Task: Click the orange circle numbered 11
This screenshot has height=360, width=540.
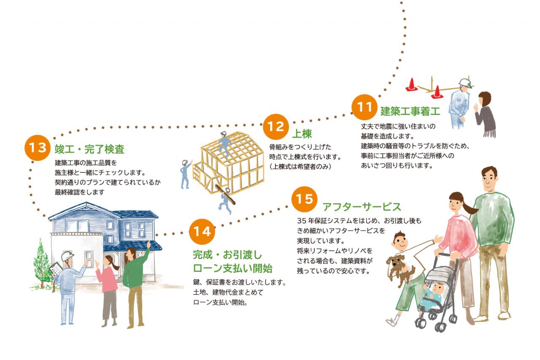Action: point(364,107)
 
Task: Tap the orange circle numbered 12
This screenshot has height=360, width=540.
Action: point(276,127)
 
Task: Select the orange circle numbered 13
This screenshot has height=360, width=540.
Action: point(38,148)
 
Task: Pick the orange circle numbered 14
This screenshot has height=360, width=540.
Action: point(202,231)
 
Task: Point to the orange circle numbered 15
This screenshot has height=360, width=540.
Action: point(304,199)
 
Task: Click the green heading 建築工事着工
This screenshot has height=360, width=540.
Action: point(410,111)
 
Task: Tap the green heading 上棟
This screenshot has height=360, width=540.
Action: point(302,134)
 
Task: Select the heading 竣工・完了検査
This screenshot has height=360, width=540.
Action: point(89,149)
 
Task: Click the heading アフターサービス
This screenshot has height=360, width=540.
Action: point(362,207)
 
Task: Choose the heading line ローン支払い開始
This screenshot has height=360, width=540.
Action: point(232,268)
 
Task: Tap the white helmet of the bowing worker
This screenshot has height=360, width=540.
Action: point(465,83)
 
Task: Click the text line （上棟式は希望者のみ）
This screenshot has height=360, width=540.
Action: point(300,167)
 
